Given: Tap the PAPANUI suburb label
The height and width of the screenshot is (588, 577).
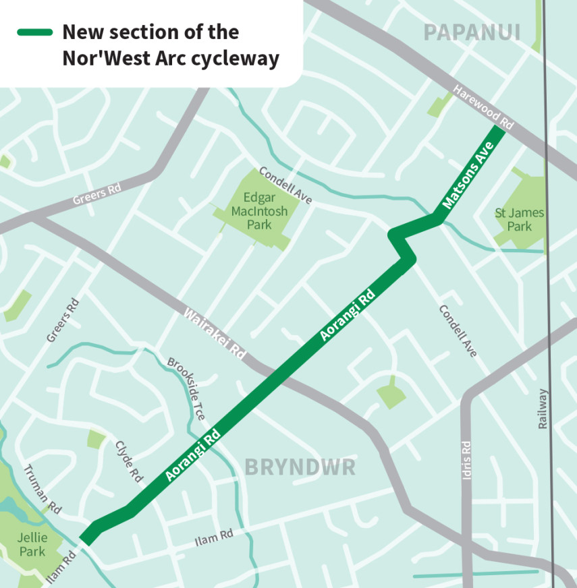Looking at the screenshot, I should coord(472,32).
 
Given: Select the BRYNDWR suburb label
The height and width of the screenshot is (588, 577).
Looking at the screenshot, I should coord(300,467).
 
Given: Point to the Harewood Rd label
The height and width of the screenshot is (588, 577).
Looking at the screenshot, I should coord(483,106).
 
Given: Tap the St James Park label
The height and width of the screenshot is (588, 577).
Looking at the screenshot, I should coord(519,220).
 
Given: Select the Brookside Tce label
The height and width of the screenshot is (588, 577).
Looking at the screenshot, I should coord(186,389).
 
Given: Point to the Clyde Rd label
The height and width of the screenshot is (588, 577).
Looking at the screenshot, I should coord(130,462).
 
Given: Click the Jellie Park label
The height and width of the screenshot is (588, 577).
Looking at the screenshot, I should coord(32,544).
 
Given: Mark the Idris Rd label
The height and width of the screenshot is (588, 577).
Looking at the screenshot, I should coord(466,461).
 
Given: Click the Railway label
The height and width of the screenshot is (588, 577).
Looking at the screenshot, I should coord(544,409).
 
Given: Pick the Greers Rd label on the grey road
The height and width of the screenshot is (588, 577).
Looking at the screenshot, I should coord(97,196).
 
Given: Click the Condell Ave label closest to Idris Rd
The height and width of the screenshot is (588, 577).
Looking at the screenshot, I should coord(458,330).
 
